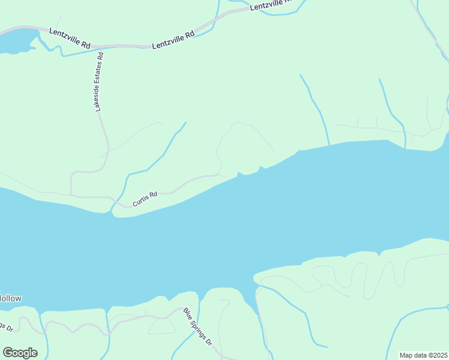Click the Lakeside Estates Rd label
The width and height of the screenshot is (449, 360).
[100, 82]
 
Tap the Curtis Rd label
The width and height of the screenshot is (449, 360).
[145, 199]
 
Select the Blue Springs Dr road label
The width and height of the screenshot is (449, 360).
[197, 326]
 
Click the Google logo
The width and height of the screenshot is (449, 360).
[20, 352]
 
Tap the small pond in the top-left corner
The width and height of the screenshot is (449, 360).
[15, 43]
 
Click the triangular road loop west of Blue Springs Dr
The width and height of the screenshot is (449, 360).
[161, 326]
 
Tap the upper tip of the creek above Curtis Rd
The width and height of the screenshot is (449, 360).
[185, 123]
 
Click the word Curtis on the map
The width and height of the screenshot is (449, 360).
[141, 200]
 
